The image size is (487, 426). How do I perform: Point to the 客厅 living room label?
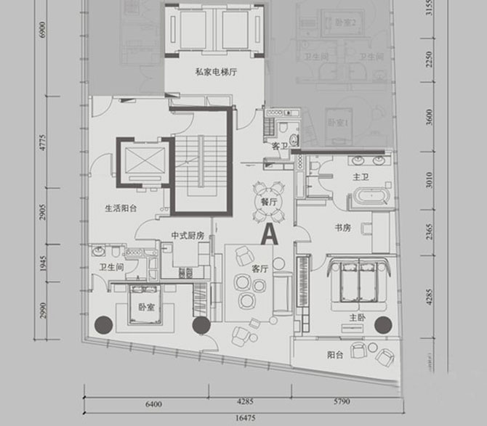[259, 268]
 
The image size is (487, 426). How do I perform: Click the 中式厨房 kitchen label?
[187, 235]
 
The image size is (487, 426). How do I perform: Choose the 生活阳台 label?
[121, 208]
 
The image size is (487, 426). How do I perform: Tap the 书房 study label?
[343, 227]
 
